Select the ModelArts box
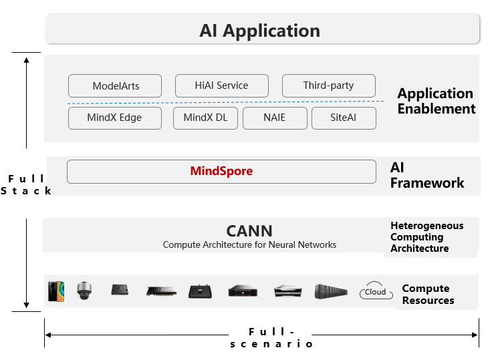(x=115, y=85)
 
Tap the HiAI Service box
(x=221, y=85)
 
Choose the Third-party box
(x=328, y=85)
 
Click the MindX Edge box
(x=114, y=118)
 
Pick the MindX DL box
(x=205, y=118)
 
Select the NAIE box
(x=274, y=118)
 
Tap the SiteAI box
(x=344, y=118)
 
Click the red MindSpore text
(x=221, y=171)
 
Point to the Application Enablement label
(x=436, y=101)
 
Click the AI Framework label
(x=426, y=175)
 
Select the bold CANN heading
(x=249, y=231)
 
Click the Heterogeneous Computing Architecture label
(x=426, y=237)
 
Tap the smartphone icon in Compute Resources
(x=56, y=291)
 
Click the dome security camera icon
(x=84, y=290)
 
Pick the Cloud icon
(x=375, y=291)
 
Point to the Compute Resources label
(x=427, y=295)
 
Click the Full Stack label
(x=26, y=184)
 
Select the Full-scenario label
(x=271, y=337)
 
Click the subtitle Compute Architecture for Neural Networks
(x=249, y=244)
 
